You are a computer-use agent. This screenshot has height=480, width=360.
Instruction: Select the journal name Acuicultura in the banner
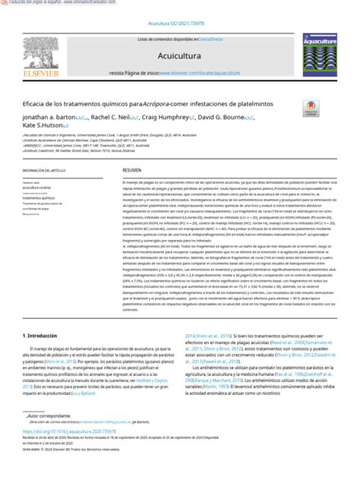(178, 55)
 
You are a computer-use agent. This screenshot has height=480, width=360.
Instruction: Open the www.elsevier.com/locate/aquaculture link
(202, 73)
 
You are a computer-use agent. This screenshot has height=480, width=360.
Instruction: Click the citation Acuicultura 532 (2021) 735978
(179, 24)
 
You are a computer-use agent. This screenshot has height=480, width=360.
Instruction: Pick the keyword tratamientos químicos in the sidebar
(44, 198)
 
